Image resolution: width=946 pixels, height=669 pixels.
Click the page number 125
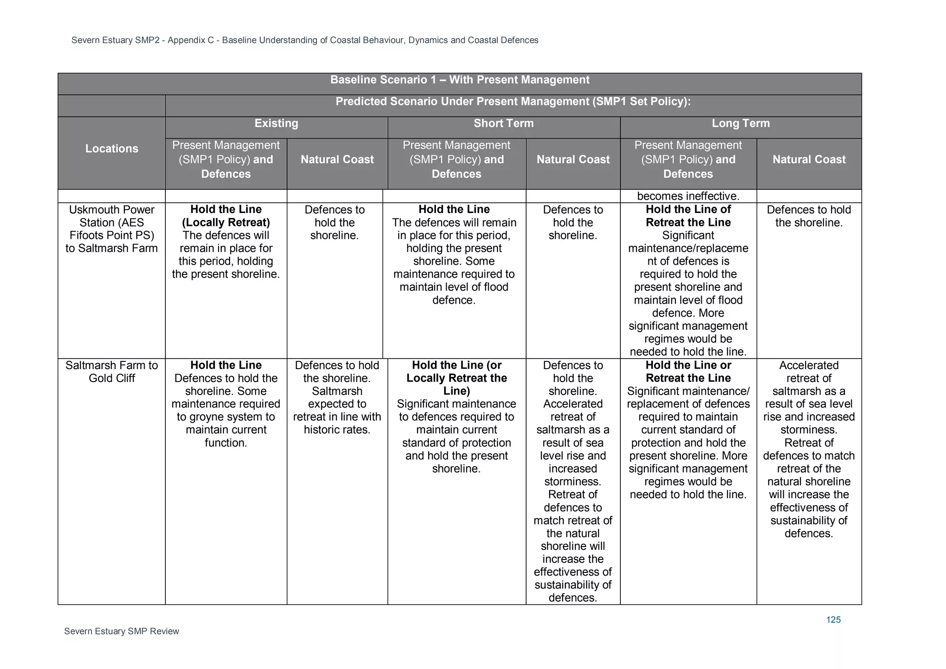(x=833, y=620)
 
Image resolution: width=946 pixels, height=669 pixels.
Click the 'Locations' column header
(x=112, y=149)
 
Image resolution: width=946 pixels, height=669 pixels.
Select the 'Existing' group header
(x=276, y=123)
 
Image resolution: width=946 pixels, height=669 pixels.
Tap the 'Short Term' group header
(x=503, y=123)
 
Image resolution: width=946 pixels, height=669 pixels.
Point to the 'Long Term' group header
(x=740, y=123)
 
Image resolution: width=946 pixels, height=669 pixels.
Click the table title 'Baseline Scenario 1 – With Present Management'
(x=460, y=80)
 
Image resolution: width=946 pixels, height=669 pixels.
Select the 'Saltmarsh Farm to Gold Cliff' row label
(x=112, y=371)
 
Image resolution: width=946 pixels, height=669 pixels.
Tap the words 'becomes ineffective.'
(x=688, y=196)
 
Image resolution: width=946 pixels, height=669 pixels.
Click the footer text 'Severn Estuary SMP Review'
(x=121, y=631)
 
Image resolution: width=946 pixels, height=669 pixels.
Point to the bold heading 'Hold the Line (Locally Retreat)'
(x=226, y=216)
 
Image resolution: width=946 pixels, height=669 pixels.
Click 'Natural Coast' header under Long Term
(x=809, y=159)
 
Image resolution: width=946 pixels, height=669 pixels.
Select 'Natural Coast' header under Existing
(x=337, y=159)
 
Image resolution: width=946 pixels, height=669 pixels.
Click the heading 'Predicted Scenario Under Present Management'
(x=513, y=102)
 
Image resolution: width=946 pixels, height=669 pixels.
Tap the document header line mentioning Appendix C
(x=305, y=40)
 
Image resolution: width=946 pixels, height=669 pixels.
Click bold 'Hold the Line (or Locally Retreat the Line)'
(x=456, y=378)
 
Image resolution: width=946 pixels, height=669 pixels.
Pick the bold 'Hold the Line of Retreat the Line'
(x=688, y=216)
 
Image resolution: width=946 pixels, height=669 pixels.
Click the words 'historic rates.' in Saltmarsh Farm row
(x=337, y=430)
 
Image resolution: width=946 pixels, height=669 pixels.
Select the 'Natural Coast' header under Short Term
(x=573, y=159)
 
